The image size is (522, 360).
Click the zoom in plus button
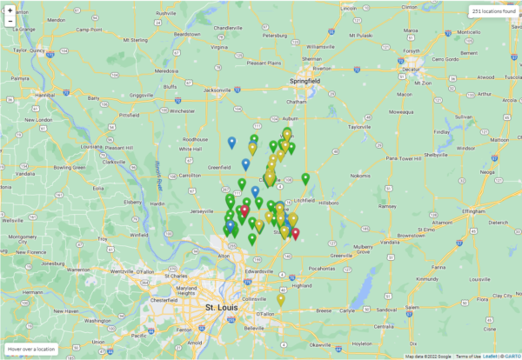coord(9,10)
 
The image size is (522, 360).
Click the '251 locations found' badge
coord(492,11)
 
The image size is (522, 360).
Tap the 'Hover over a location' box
coord(32,349)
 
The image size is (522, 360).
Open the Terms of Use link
coord(468,356)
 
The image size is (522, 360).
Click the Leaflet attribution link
coord(490,356)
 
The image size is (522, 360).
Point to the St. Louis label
coord(221,308)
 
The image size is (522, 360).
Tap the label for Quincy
coord(36,50)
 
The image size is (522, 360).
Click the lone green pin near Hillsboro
coord(305,179)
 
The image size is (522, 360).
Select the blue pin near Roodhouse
coord(231,142)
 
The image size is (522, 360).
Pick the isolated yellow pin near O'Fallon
coord(280,299)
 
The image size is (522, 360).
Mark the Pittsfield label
coord(129,115)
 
